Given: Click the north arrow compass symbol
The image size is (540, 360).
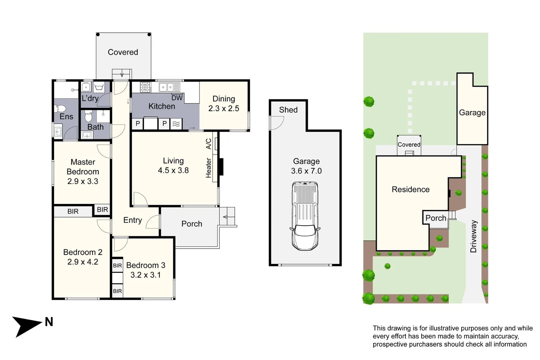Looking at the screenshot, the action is pos(27,326).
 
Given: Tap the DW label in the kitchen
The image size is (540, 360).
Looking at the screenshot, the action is pos(177,98).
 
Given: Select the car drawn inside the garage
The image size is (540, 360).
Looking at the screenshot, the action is pos(305,216).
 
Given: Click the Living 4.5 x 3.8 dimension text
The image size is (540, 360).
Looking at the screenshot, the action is pos(173,170).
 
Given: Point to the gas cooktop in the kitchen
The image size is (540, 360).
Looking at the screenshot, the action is pos(146,87).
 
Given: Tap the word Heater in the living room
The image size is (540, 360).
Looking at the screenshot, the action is pos(209,168).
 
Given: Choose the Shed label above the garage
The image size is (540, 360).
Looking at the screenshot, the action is pos(288,110).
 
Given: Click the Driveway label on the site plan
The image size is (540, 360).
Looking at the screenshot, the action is pos(473,236).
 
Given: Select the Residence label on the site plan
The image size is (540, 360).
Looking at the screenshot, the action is pos(411,190).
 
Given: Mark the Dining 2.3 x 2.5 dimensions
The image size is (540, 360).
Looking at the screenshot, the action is pos(224,109).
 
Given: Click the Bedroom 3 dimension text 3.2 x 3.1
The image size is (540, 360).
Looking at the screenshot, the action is pos(145,275).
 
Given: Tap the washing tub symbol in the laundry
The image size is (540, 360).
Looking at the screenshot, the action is pos(99,87).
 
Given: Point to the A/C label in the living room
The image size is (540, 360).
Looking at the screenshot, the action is pos(209,144).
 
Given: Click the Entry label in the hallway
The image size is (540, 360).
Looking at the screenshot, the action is pos(133,220).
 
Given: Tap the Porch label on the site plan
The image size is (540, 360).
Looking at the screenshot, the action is pos(436,218).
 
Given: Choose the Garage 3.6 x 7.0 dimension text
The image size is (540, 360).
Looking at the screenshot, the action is pos(306,171).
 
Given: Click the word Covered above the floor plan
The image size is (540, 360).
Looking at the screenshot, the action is pos(123,52).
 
